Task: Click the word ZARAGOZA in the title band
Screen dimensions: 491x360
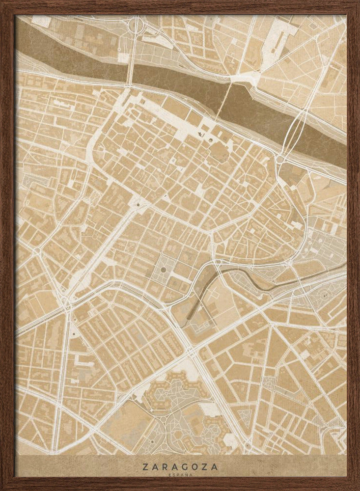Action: tap(180, 466)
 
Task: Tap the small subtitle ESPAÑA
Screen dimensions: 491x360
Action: tap(180, 475)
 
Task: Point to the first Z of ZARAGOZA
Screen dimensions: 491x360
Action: tap(146, 466)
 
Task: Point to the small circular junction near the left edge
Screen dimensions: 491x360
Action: tap(37, 250)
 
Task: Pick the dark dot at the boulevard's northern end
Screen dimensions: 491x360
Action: tap(138, 204)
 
